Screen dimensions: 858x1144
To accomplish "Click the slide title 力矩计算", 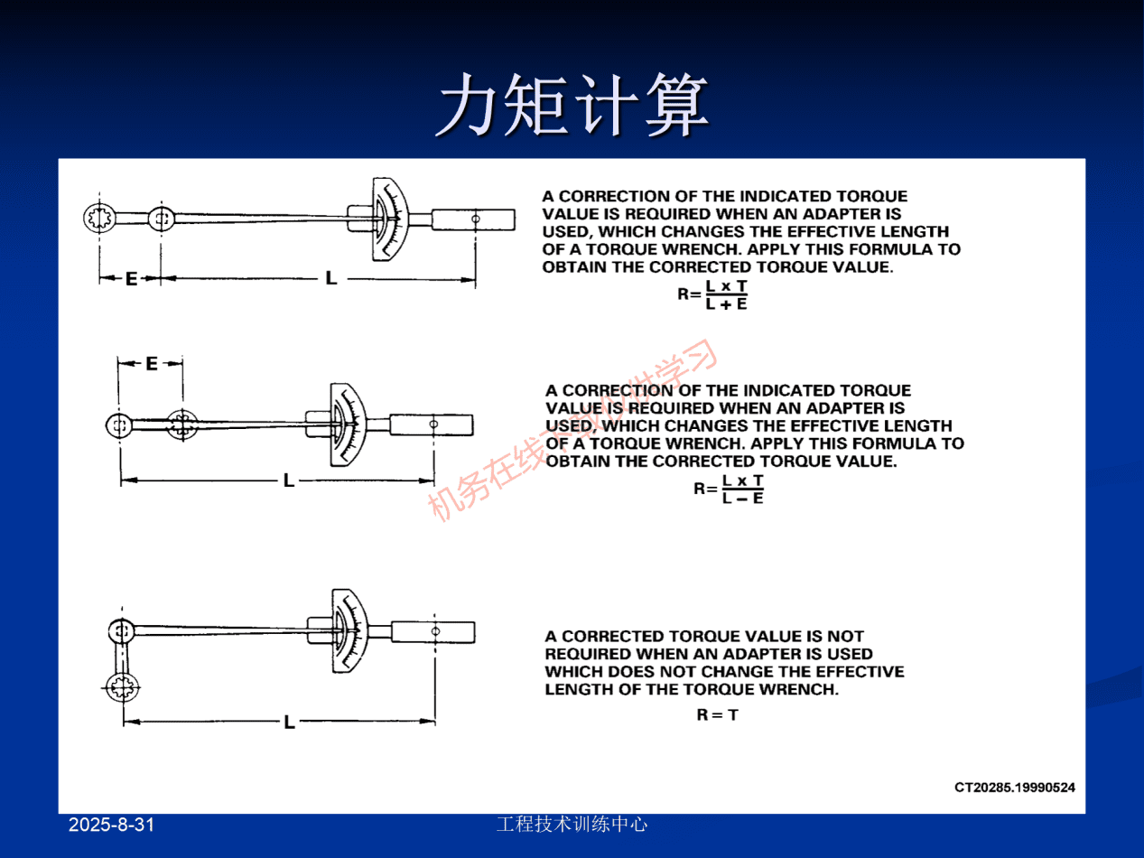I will [572, 106].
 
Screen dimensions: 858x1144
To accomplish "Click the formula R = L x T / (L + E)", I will [713, 294].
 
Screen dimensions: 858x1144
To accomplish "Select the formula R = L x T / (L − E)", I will [729, 489].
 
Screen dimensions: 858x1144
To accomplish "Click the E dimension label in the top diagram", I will [131, 279].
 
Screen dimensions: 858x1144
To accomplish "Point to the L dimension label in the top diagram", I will [331, 279].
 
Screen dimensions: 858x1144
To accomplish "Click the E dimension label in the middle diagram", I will [151, 363].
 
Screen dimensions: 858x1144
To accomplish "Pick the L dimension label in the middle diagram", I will [289, 480].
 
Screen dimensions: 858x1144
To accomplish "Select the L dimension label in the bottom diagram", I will [289, 722].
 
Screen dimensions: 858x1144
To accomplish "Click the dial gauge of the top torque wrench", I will [391, 219].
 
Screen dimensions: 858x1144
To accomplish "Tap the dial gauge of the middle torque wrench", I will [347, 424].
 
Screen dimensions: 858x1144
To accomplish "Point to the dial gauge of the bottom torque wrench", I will [349, 630].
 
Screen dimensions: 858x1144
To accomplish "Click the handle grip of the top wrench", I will [473, 219].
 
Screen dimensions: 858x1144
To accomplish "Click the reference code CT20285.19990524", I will [1014, 787].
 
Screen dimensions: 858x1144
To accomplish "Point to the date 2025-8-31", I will [112, 825].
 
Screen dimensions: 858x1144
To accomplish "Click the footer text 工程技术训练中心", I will [572, 824].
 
